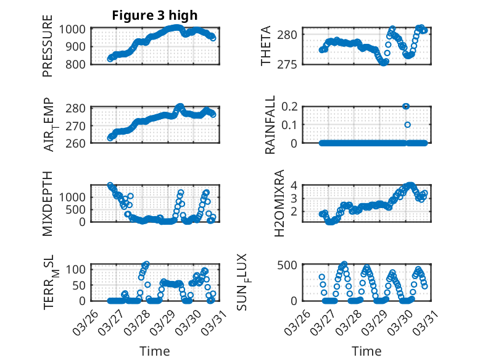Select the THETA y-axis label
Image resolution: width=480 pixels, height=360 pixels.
coord(266,46)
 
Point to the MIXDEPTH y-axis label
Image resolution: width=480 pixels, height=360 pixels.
coord(48,204)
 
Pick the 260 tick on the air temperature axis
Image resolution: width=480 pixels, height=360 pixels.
coord(79,143)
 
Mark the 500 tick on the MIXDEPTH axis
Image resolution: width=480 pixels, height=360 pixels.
coord(79,209)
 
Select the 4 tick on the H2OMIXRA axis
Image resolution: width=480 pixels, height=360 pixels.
coord(295,185)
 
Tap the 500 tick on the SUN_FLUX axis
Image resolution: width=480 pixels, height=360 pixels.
coord(292,265)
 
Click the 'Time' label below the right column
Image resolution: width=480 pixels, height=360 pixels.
coord(366,351)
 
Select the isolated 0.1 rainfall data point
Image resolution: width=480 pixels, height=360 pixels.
coord(407,125)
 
